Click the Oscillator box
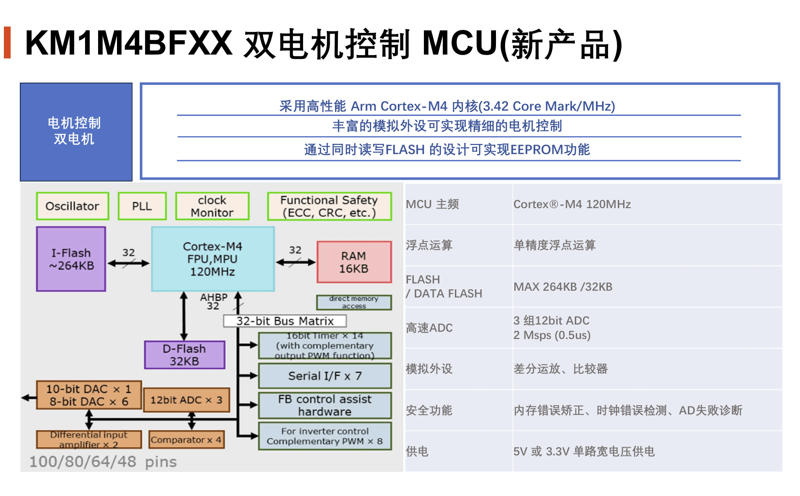73,206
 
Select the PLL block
142,206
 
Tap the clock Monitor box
212,206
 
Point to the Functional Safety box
329,206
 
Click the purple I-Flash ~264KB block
71,259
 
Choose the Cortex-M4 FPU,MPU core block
213,259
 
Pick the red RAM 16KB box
354,262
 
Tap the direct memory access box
354,302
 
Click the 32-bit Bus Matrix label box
285,321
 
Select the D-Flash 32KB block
184,355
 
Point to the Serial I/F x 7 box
325,376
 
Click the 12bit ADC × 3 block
186,400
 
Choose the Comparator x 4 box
186,440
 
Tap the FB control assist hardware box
325,405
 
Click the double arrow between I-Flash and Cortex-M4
129,263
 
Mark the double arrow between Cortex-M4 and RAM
295,262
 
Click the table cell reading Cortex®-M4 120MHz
572,204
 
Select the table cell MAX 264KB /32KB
563,287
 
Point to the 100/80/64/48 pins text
103,462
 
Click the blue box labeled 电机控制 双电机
76,132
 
